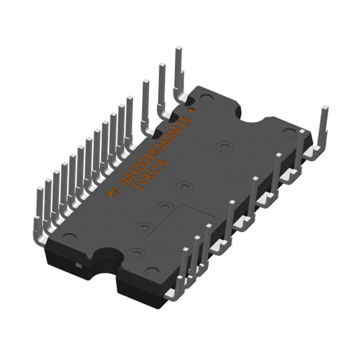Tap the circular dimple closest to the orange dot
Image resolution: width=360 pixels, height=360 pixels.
coord(206,102)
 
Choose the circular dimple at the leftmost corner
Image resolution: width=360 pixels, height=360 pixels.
coord(69,236)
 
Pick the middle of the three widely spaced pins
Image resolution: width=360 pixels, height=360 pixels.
coord(162,84)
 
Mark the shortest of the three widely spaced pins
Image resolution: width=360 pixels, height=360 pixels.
coord(146,98)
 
